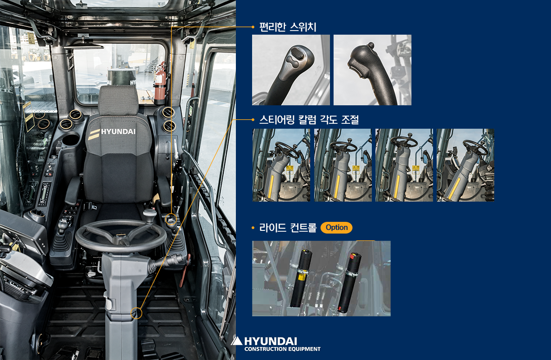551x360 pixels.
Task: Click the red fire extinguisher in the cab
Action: tap(160, 84)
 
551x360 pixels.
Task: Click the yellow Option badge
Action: tap(336, 227)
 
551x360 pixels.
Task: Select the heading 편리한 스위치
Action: tap(288, 27)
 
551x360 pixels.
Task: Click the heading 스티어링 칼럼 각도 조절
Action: tap(309, 120)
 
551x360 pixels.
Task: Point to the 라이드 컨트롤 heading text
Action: tap(288, 228)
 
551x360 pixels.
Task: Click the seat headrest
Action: tap(118, 100)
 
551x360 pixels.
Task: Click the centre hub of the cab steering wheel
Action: tap(121, 237)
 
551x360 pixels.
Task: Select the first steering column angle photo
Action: tap(281, 165)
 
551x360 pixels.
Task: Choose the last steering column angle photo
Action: tap(465, 165)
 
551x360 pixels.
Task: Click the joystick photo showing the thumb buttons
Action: tap(291, 70)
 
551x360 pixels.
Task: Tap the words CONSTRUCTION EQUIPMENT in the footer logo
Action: tap(282, 349)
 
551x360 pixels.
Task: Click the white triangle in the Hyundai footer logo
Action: tap(237, 341)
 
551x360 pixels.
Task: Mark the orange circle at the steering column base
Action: tap(136, 313)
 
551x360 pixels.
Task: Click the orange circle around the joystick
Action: tap(171, 219)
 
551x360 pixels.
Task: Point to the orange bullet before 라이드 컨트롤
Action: tap(253, 228)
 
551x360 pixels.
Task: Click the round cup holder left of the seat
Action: tap(71, 139)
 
